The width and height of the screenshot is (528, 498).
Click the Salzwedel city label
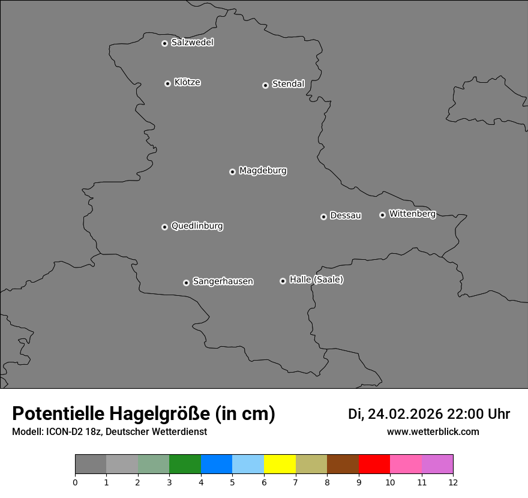point(192,43)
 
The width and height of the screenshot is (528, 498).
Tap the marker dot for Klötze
point(167,83)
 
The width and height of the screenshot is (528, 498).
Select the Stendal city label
point(288,84)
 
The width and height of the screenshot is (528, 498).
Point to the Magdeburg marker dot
point(232,172)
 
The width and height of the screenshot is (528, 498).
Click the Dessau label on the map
point(346,215)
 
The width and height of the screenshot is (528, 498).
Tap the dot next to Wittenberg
point(382,215)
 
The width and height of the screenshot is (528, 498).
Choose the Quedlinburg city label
point(197,226)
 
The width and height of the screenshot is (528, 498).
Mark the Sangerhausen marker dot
point(186,283)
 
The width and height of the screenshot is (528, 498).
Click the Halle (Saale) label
point(316,280)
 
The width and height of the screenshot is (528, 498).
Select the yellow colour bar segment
point(280,464)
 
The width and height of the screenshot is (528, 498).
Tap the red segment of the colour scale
point(374,464)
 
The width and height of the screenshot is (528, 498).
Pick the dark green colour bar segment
point(185,464)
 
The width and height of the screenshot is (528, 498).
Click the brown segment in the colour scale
point(343,464)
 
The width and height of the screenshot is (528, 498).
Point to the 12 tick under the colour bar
point(453,482)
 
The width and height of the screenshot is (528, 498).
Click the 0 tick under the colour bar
point(75,482)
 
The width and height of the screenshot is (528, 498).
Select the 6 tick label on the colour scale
point(264,482)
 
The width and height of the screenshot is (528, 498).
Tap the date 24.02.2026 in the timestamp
point(405,414)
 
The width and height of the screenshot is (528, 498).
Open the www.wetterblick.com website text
point(433,432)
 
